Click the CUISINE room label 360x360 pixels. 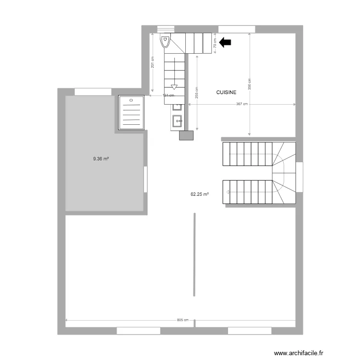click(226, 92)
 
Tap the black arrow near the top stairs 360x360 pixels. click(225, 43)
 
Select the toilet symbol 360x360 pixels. click(166, 41)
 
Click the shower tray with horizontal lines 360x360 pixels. click(131, 112)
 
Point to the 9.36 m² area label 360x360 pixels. click(101, 158)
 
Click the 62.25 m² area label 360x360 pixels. click(200, 194)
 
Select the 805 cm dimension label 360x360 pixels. click(182, 320)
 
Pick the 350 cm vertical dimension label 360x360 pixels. click(250, 84)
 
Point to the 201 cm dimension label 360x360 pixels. click(152, 62)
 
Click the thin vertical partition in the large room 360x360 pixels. click(194, 255)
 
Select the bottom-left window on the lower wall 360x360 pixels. click(138, 331)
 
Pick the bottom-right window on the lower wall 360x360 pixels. click(250, 331)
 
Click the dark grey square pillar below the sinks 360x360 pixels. click(185, 135)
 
